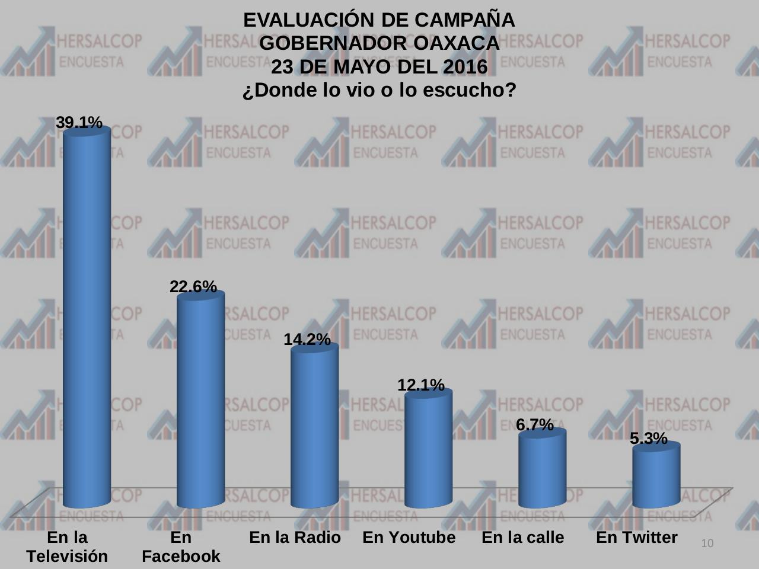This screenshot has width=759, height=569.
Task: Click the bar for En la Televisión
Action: pyautogui.click(x=87, y=320)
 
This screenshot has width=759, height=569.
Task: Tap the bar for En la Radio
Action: pyautogui.click(x=314, y=427)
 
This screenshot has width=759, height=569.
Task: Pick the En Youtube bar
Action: pyautogui.click(x=428, y=450)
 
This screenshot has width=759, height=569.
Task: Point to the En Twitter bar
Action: pyautogui.click(x=656, y=477)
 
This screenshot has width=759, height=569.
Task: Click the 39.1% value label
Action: pyautogui.click(x=79, y=123)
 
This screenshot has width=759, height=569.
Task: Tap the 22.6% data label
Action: pyautogui.click(x=193, y=287)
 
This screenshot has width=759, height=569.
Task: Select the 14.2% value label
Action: pyautogui.click(x=307, y=340)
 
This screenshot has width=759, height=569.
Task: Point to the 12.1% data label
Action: pyautogui.click(x=420, y=385)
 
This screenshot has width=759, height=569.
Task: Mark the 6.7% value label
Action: pyautogui.click(x=534, y=425)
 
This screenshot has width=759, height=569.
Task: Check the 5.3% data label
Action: pyautogui.click(x=648, y=439)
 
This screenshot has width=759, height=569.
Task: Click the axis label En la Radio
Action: pyautogui.click(x=295, y=538)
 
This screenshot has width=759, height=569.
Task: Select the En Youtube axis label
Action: pyautogui.click(x=409, y=538)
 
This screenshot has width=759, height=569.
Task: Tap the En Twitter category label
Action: pyautogui.click(x=636, y=538)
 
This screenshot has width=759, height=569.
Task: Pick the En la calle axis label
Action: pyautogui.click(x=522, y=538)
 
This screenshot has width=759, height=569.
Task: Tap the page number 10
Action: pyautogui.click(x=707, y=544)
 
